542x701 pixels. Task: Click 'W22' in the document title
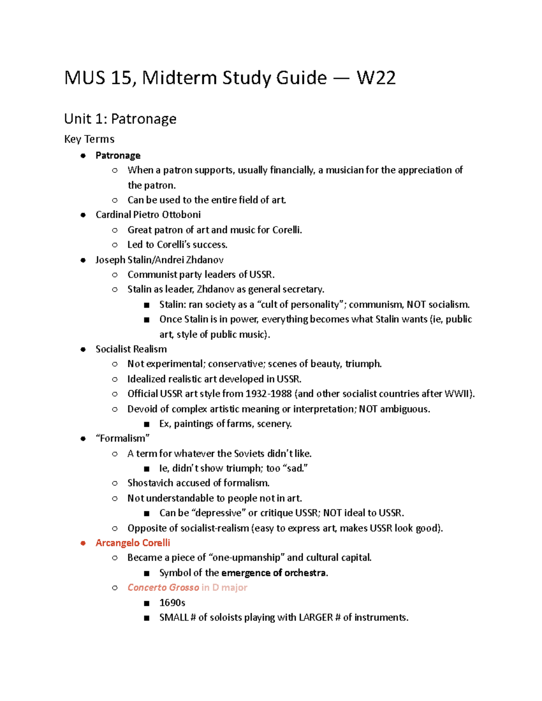(x=376, y=78)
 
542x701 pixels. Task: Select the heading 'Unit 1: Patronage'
(x=120, y=119)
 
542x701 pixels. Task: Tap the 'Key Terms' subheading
(x=89, y=139)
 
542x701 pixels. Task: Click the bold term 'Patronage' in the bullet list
(x=118, y=155)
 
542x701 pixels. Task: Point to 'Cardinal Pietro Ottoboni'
(x=148, y=214)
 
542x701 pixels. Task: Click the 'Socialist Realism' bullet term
(x=131, y=349)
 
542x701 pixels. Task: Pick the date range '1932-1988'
(x=268, y=394)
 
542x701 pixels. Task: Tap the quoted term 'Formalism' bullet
(x=122, y=438)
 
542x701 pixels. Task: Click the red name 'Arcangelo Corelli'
(x=133, y=543)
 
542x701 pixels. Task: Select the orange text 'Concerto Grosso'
(x=163, y=587)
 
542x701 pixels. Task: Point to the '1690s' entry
(x=172, y=603)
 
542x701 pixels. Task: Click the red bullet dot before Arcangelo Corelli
(x=83, y=543)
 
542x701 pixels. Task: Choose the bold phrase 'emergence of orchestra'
(x=273, y=573)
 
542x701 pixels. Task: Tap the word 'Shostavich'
(x=150, y=483)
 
